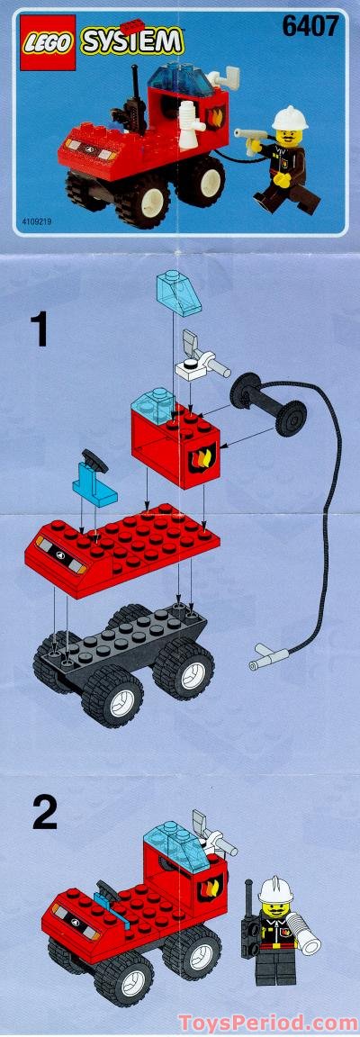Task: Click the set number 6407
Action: coord(310,28)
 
